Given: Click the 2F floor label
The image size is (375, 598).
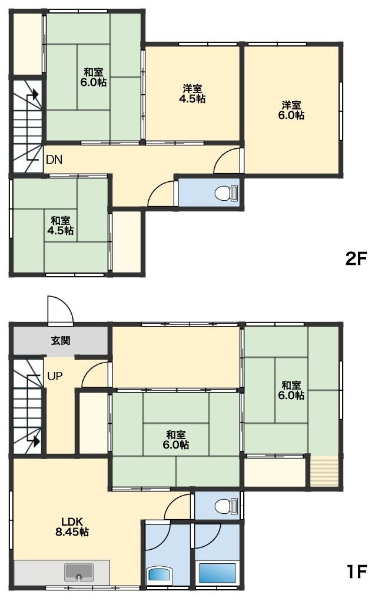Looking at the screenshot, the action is (355, 260).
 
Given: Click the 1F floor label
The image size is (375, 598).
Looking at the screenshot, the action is (356, 572).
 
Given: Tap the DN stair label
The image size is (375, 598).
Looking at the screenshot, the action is (54, 160).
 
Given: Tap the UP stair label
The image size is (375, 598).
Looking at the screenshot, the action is (55, 376).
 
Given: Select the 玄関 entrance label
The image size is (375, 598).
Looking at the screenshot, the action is (61, 340).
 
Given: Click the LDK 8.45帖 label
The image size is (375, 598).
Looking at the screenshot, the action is (72, 527).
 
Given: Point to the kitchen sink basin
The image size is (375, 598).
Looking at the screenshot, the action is (79, 572).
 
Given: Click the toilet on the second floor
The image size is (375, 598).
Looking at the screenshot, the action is (227, 193).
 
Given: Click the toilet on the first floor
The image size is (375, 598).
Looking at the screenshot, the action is (227, 507).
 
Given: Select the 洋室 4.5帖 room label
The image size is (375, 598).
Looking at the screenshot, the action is (193, 94).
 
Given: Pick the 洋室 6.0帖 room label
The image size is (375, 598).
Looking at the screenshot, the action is (291, 111).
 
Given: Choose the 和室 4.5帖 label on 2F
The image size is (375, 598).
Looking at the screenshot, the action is (60, 225).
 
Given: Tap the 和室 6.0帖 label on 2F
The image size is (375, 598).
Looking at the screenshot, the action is (94, 77).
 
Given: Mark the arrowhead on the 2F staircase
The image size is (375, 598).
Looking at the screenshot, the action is (35, 94).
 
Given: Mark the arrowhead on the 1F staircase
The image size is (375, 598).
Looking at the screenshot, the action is (36, 441).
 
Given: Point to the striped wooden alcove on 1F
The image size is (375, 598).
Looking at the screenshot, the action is (324, 471).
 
